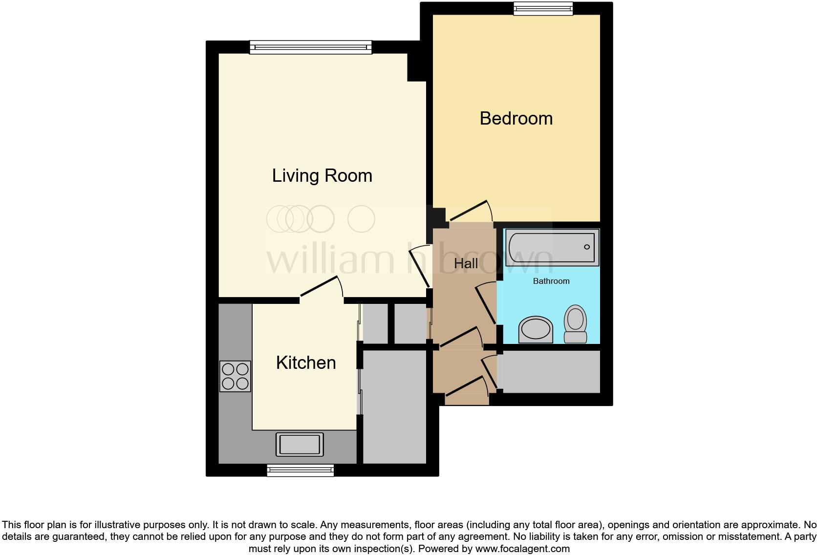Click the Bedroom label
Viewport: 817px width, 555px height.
point(516,119)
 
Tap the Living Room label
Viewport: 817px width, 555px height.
point(322,176)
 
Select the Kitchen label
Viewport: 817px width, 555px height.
point(306,363)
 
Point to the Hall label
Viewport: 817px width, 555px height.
point(466,264)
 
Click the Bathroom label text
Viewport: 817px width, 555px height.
point(551,281)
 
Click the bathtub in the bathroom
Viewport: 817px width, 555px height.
point(552,248)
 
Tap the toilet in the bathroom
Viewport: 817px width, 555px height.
point(575,324)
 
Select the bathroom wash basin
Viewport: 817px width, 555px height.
point(536,330)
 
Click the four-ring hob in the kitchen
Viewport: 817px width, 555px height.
point(235,376)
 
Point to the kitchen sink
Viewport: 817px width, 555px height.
point(300,445)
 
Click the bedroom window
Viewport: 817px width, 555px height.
point(542,8)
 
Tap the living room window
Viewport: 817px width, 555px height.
point(310,47)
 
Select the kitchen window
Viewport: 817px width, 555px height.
point(300,470)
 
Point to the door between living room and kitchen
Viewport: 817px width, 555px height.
point(320,287)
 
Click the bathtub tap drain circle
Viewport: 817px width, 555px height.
point(587,247)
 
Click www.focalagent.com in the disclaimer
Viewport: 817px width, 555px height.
point(522,549)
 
